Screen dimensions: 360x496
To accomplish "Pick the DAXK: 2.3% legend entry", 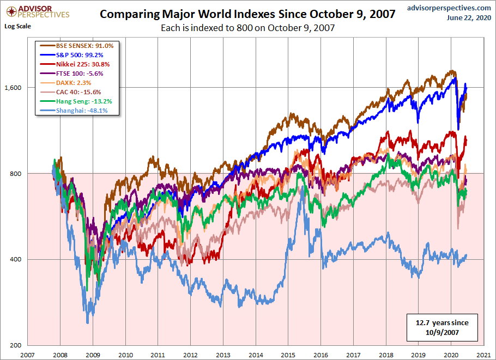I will point(70,83).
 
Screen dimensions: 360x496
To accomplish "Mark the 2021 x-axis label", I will point(482,354).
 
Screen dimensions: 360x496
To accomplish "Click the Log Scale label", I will point(17,26).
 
